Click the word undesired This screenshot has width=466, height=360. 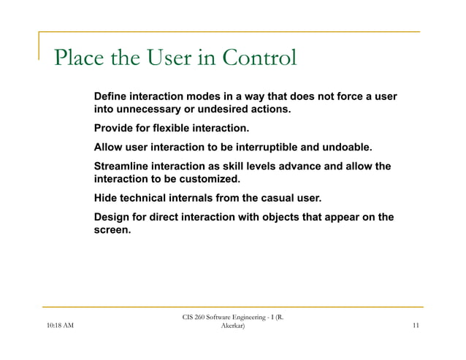(218, 110)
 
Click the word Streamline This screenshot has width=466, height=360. (125, 167)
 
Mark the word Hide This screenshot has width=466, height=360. (107, 199)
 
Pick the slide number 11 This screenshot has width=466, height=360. (415, 326)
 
